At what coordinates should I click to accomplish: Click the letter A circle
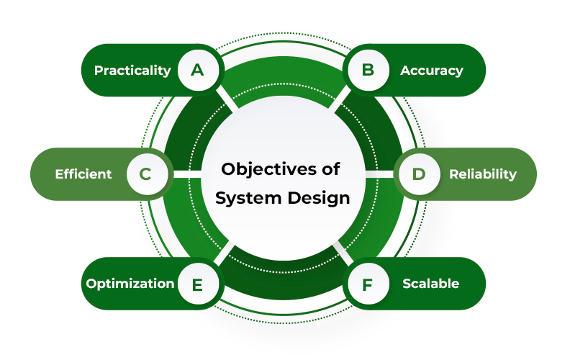(197, 70)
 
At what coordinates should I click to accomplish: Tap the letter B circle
(368, 70)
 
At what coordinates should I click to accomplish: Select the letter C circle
(145, 174)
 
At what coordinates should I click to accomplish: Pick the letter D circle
(419, 174)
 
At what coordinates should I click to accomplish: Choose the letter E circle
(197, 284)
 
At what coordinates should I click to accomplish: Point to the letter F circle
(368, 284)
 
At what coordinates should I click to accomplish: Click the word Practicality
(132, 71)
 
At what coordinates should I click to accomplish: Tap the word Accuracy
(431, 71)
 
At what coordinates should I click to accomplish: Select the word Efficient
(83, 174)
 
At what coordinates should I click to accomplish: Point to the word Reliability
(482, 174)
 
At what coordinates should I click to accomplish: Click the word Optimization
(130, 284)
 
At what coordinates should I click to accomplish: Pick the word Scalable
(430, 284)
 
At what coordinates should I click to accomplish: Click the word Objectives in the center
(255, 169)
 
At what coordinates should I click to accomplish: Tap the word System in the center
(245, 198)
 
